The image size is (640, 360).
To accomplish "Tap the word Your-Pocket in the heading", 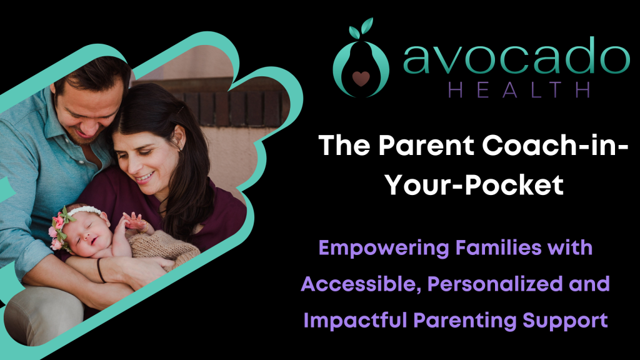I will [474, 186].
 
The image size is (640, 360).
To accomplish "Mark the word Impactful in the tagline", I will [355, 320].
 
